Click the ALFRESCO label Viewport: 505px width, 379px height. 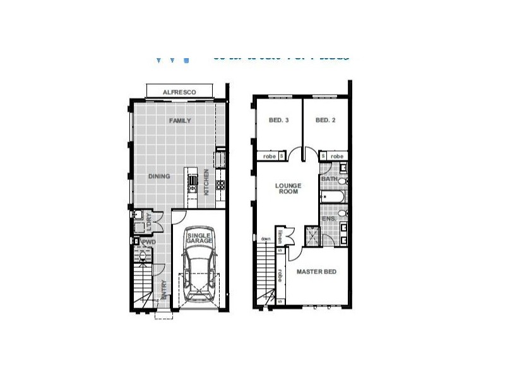(x=179, y=92)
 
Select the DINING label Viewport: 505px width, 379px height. (x=159, y=176)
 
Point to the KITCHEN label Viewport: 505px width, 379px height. (x=206, y=181)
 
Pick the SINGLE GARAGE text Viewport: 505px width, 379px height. (x=199, y=238)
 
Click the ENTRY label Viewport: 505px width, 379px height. (x=163, y=288)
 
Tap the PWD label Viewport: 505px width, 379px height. (x=149, y=242)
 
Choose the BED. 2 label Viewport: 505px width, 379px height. (x=324, y=120)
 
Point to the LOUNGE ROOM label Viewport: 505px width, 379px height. (x=288, y=188)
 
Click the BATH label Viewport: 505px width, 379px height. (x=328, y=179)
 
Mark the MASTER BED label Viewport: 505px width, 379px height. (x=316, y=272)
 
